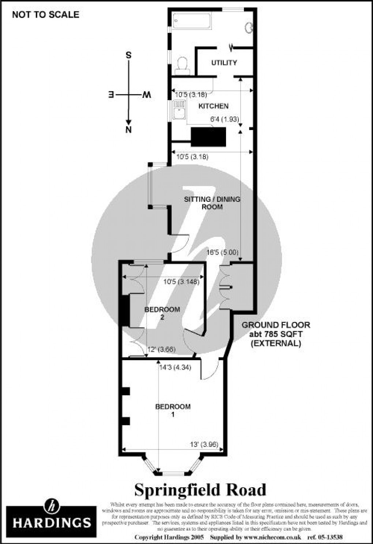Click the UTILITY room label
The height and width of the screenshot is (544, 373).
click(224, 63)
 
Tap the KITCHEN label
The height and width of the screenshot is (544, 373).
click(213, 106)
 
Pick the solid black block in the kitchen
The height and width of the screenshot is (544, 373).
click(208, 137)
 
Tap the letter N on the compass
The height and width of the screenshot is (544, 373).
click(128, 130)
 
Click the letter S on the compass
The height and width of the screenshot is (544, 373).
click(128, 56)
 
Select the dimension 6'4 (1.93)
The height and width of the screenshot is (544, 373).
click(224, 119)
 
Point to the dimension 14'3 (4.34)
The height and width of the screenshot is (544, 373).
click(175, 367)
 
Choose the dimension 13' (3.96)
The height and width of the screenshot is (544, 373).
click(204, 444)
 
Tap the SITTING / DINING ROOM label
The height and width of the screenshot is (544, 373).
click(212, 203)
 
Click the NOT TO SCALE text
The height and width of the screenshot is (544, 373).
click(45, 15)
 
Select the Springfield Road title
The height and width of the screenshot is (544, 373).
click(200, 490)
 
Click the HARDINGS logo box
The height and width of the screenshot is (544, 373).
click(52, 517)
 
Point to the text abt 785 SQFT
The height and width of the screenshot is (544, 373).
click(275, 334)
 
